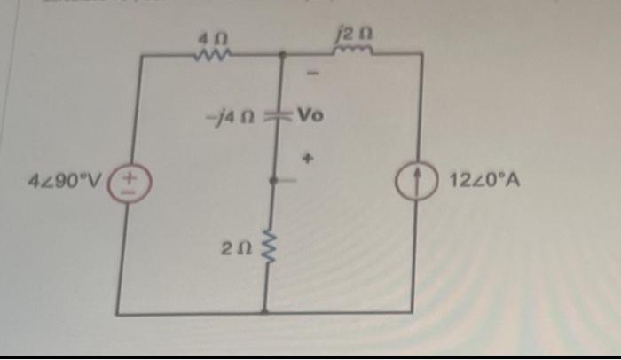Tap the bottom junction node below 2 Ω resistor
[266, 311]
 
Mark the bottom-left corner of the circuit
[118, 312]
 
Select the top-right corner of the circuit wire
[421, 54]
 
